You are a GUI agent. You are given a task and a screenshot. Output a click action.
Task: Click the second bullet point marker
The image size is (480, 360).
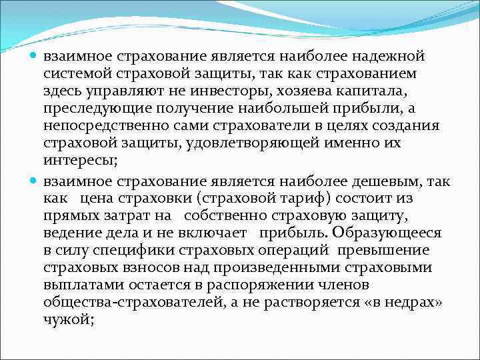(x=35, y=180)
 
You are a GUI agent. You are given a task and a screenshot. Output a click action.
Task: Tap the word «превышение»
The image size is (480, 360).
(x=383, y=250)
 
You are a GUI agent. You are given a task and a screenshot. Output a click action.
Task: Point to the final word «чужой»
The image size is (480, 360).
(x=68, y=319)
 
